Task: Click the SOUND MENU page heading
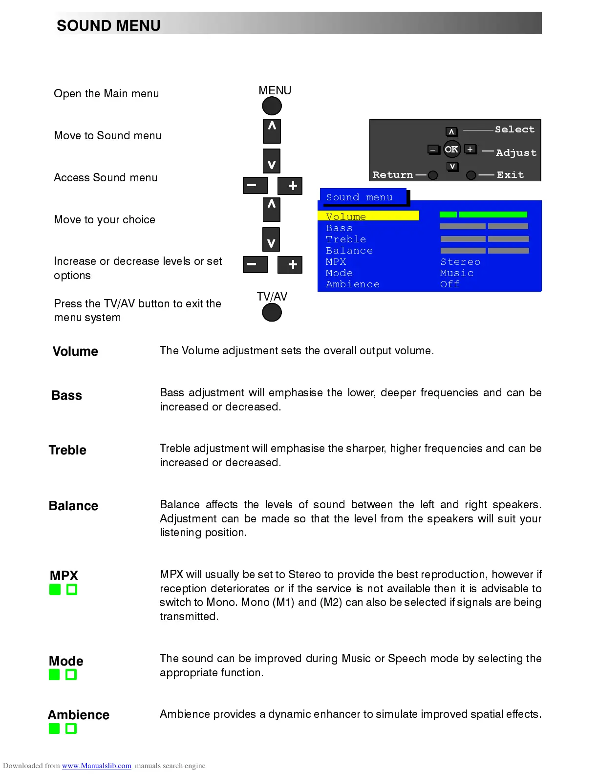[x=108, y=25]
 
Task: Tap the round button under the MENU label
[x=272, y=106]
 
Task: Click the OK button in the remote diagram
[x=451, y=150]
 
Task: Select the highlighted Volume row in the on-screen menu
[x=368, y=216]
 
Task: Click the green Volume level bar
[x=483, y=215]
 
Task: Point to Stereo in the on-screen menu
[x=460, y=262]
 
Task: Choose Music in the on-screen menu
[x=457, y=273]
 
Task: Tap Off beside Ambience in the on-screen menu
[x=450, y=284]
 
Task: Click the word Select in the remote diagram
[x=514, y=129]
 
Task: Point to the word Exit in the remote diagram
[x=510, y=175]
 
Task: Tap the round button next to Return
[x=433, y=175]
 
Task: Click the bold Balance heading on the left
[x=73, y=506]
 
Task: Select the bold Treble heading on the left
[x=67, y=450]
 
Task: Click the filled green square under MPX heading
[x=55, y=590]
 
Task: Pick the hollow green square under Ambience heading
[x=71, y=729]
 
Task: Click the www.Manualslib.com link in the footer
[x=96, y=766]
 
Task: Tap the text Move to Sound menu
[x=107, y=136]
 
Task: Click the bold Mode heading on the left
[x=66, y=661]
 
